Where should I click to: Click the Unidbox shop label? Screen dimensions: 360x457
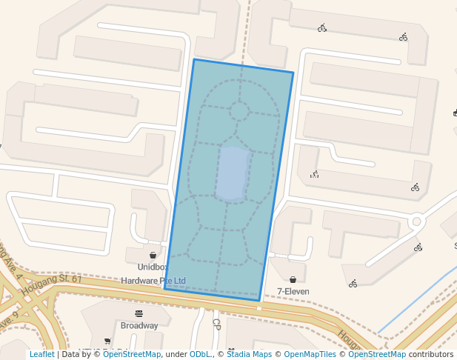coord(152,267)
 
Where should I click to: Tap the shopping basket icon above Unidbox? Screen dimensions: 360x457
coord(153,255)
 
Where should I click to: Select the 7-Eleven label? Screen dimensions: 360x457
coord(293,291)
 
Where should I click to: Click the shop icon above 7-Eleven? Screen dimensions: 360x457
coord(293,279)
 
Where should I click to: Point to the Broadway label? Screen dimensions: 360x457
coord(139,325)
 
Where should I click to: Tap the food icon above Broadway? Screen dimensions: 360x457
coord(139,313)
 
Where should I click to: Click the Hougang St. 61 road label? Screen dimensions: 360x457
coord(52,284)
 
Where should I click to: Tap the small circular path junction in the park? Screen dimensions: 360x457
coord(239,111)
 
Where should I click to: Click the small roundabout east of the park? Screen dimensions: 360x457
coord(416,221)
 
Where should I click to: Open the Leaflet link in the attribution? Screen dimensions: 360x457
coord(41,354)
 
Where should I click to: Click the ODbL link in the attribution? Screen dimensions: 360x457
coord(200,354)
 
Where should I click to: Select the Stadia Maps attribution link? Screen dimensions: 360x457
coord(249,354)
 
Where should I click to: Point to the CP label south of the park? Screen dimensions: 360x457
coord(216,324)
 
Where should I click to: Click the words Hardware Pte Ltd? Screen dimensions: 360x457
coord(153,281)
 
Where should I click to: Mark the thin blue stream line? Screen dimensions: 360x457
coord(415,304)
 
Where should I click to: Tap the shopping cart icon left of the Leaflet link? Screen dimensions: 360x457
coord(107,341)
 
